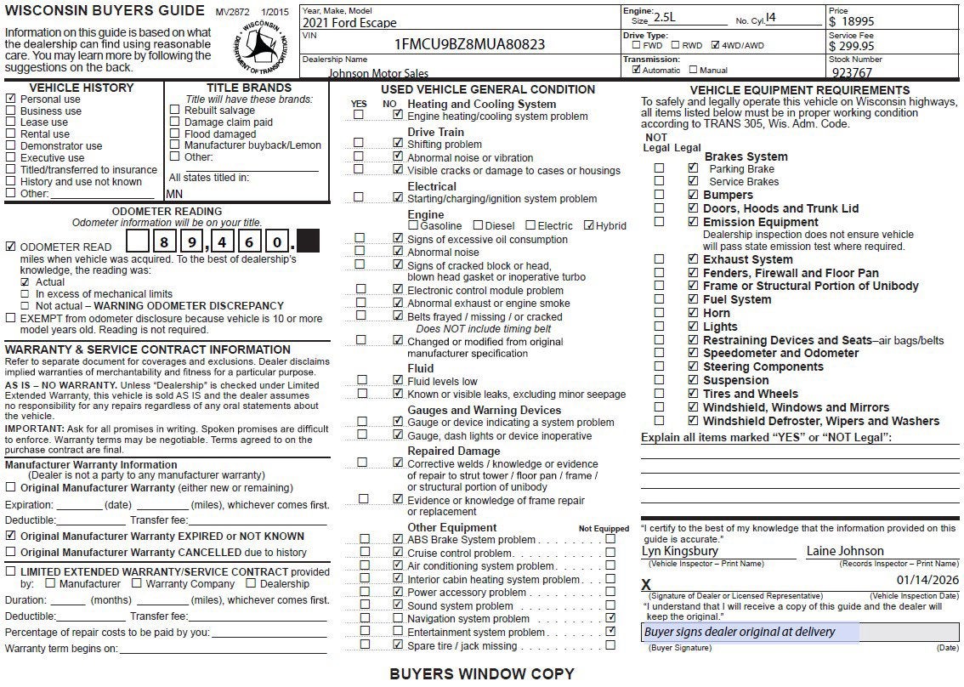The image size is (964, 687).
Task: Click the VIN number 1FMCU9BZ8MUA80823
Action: [470, 44]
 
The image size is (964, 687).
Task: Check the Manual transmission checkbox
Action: [694, 71]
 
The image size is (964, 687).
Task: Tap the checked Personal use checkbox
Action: [11, 99]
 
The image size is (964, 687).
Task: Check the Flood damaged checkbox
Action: [175, 134]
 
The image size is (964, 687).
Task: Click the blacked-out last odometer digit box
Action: [308, 242]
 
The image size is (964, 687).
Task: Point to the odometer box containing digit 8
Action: [162, 242]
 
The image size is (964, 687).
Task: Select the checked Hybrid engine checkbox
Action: [589, 225]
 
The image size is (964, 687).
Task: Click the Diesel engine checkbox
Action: [478, 225]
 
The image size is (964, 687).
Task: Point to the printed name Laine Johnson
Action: [845, 551]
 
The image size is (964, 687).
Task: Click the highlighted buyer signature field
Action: [750, 633]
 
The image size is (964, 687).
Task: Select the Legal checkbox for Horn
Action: [693, 313]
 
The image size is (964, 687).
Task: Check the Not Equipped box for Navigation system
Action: [610, 618]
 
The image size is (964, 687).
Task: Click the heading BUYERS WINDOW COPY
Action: [482, 674]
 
